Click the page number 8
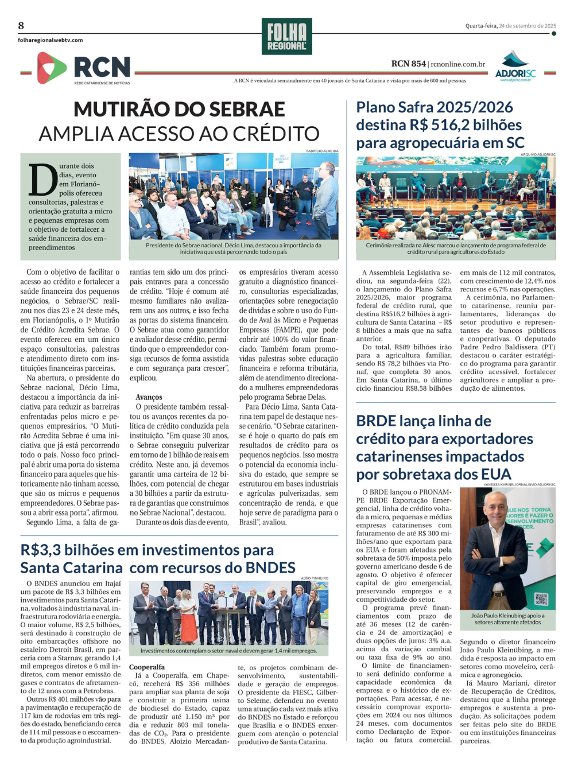[21, 26]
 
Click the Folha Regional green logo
[286, 37]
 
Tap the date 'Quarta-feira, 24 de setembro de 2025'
[510, 26]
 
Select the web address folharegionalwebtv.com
[51, 40]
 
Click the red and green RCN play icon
[51, 68]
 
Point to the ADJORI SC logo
[515, 67]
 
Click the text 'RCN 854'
[409, 64]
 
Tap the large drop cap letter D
[43, 180]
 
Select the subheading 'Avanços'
[149, 397]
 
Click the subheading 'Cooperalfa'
[147, 667]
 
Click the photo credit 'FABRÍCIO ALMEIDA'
[322, 151]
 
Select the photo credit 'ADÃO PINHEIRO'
[315, 578]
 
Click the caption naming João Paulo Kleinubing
[507, 619]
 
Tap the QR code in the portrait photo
[541, 599]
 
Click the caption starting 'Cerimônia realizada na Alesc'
[456, 248]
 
